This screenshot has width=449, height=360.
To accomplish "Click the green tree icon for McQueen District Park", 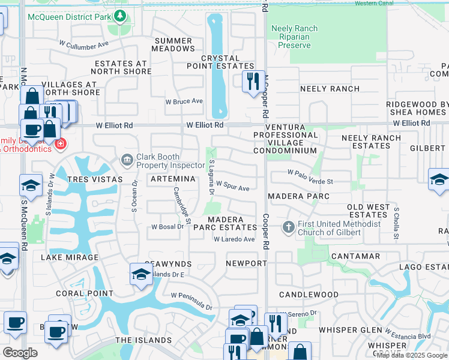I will click(x=121, y=16).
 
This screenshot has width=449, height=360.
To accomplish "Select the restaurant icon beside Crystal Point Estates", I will click(x=253, y=80).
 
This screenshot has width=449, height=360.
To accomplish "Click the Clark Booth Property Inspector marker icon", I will click(x=127, y=159).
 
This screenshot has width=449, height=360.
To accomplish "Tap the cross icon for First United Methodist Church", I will click(x=288, y=227).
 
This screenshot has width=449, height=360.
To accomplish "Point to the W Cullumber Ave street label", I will click(x=83, y=44).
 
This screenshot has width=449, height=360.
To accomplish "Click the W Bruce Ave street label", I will click(x=184, y=102).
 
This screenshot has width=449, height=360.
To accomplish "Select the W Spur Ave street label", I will click(x=232, y=188).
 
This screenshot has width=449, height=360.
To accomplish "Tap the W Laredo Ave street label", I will click(x=234, y=239).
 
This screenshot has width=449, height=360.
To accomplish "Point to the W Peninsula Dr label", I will click(x=191, y=301).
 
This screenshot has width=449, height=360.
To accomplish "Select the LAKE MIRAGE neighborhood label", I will click(x=69, y=257).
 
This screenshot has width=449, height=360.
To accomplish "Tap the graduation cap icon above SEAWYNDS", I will click(x=140, y=274).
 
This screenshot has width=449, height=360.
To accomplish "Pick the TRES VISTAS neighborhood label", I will click(x=95, y=179).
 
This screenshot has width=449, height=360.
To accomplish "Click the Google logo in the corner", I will click(x=20, y=353).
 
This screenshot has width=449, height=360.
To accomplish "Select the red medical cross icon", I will click(x=60, y=144).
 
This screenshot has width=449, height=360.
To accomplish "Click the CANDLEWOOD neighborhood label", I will click(x=309, y=295).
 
